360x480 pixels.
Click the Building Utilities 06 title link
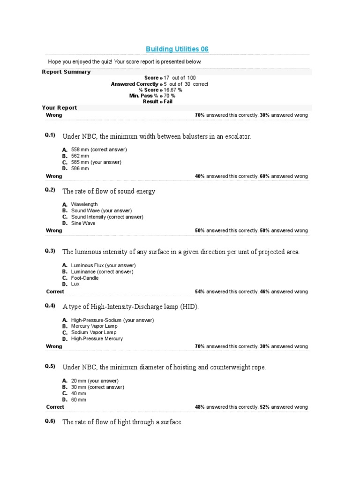(x=177, y=49)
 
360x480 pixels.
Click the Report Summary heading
(x=66, y=72)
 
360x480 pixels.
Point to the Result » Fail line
(x=157, y=101)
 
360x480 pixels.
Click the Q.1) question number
(x=50, y=135)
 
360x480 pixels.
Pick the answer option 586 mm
(x=80, y=168)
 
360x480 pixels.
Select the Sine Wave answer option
(x=83, y=223)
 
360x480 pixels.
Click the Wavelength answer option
(x=84, y=204)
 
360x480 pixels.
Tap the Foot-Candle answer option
(x=85, y=278)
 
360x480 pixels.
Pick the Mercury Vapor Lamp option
(x=94, y=326)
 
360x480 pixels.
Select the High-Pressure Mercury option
(x=97, y=338)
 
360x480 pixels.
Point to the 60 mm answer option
(x=79, y=400)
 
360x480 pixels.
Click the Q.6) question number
(x=50, y=421)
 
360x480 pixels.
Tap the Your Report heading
(x=60, y=107)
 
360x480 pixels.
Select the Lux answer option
(x=75, y=284)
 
